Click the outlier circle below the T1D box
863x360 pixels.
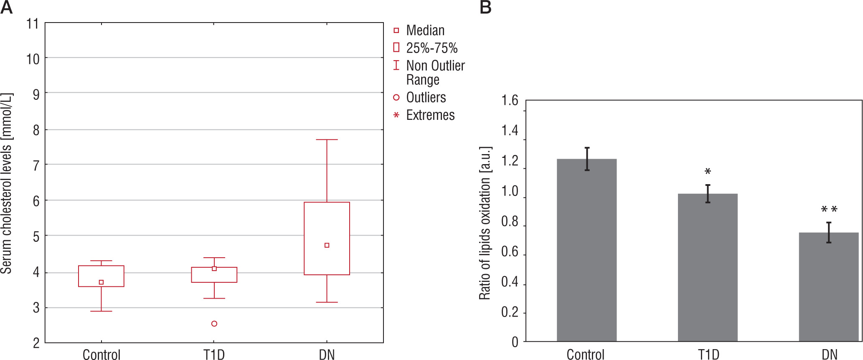tap(214, 324)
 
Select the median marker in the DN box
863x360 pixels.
tap(327, 245)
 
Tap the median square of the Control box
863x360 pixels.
tap(101, 282)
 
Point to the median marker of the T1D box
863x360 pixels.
tap(214, 269)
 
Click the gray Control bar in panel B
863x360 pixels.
tap(586, 251)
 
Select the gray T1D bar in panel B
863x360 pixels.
tap(708, 267)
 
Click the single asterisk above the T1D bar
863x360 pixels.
tap(708, 172)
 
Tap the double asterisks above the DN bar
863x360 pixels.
tap(829, 209)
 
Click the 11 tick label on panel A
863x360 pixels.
tap(33, 24)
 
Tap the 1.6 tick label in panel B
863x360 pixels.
tap(510, 101)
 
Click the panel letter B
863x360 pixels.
tap(485, 7)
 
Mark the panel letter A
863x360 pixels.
tap(6, 7)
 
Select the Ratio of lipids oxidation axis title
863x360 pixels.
tap(485, 223)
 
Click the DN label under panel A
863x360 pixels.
tap(327, 355)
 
